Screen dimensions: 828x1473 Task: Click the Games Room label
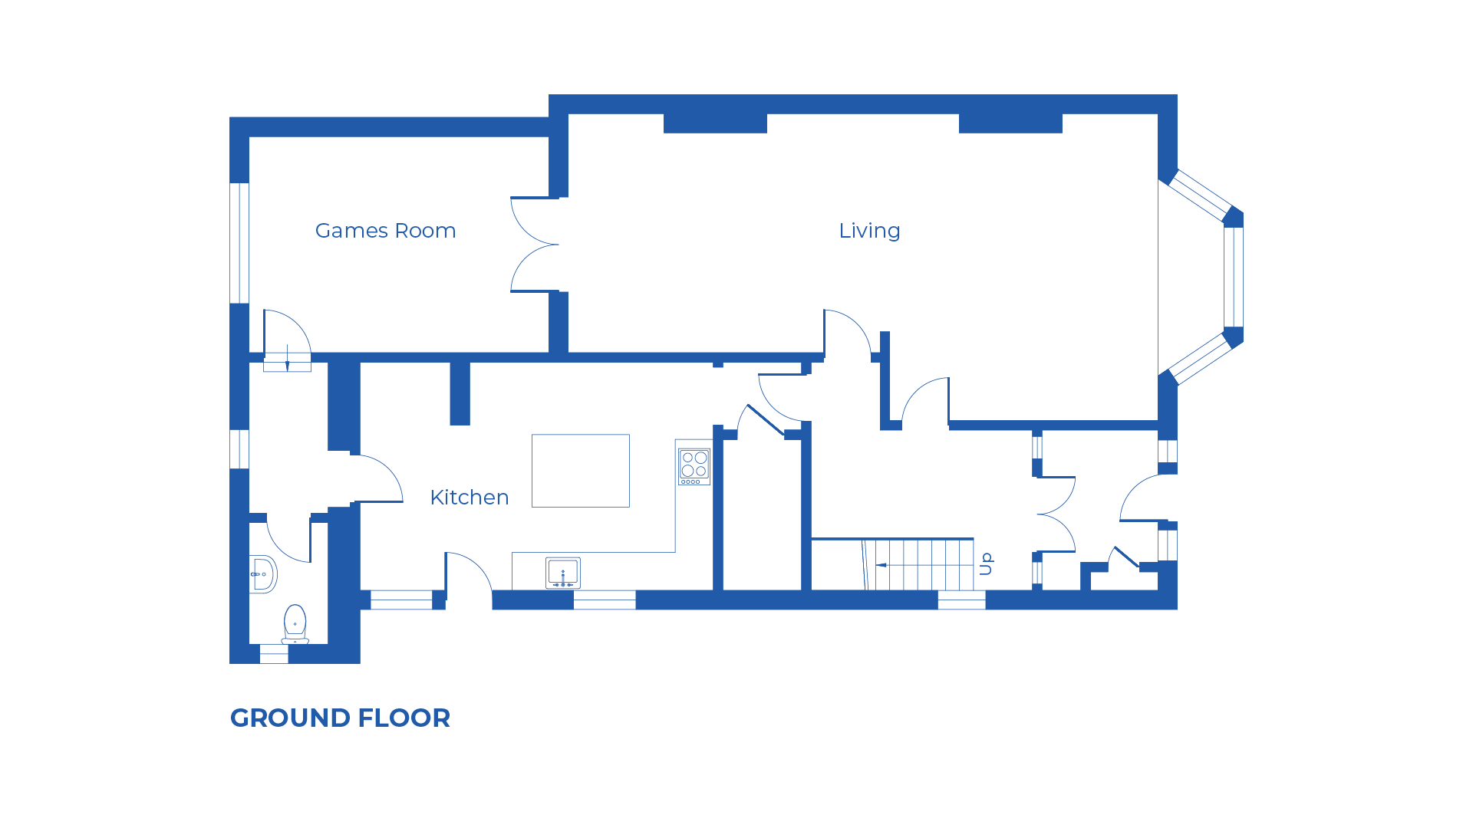[385, 231]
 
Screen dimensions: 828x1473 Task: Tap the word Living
[869, 231]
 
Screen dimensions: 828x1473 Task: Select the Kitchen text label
[469, 498]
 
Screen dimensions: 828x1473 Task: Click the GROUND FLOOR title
[340, 718]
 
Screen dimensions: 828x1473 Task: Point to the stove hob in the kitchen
[694, 466]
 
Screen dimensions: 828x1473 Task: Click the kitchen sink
[563, 573]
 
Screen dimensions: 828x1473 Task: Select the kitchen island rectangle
[581, 471]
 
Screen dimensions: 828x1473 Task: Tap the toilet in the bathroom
[295, 623]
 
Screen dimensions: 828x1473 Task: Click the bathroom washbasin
[262, 574]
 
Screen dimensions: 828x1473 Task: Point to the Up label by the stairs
[987, 563]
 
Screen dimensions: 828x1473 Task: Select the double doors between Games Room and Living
[535, 245]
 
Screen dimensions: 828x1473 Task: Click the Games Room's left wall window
[239, 242]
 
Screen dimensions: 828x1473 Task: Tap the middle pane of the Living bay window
[1233, 277]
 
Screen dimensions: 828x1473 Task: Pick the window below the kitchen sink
[605, 600]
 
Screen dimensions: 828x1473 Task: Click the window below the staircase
[961, 600]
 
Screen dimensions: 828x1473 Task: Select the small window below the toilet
[274, 654]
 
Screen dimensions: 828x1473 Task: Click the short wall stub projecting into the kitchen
[460, 393]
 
